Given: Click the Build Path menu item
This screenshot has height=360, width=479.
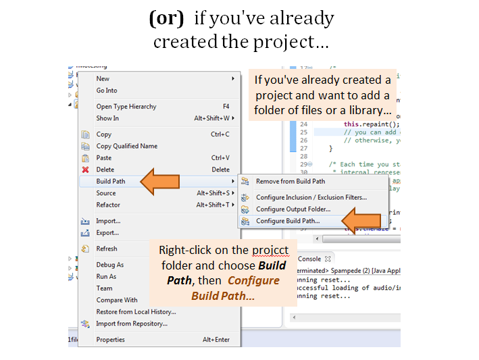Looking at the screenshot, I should (x=111, y=181).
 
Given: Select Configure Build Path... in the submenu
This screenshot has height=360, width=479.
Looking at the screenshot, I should (x=288, y=221).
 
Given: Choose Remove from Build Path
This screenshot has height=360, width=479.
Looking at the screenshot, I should (x=290, y=181).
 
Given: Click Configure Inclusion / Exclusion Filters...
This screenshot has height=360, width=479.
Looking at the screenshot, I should (x=311, y=197).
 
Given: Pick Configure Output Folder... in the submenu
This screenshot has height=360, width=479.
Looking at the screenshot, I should (x=293, y=209).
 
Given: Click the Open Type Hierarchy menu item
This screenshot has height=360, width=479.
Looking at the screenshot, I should (x=126, y=106).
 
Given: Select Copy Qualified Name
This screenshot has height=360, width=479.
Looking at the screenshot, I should (x=126, y=146).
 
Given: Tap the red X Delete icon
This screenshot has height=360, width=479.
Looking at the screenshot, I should (x=85, y=170).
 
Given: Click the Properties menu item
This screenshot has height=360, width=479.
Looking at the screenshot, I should (x=110, y=340).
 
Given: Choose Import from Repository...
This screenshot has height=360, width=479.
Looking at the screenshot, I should (x=131, y=324).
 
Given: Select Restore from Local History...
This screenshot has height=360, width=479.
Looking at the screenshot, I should (x=136, y=312).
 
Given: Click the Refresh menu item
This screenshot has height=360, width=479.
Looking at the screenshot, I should (x=106, y=249).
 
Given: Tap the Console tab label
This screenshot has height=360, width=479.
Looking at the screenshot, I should (x=309, y=259).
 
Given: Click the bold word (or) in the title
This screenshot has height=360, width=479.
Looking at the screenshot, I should (x=166, y=18).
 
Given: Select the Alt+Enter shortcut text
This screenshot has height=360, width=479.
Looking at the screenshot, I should (x=216, y=340).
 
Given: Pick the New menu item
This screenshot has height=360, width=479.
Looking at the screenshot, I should (x=103, y=78).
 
